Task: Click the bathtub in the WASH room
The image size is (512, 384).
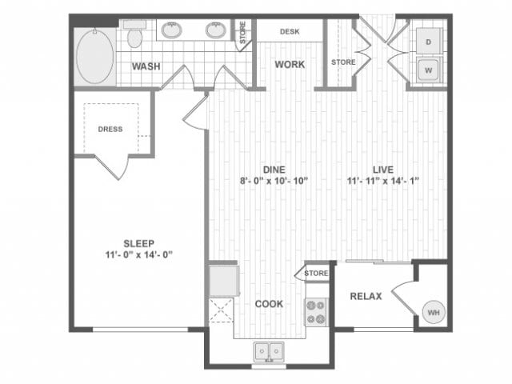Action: coord(95,56)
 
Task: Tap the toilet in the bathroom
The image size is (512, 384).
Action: coord(134,36)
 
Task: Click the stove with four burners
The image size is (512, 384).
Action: coord(316,311)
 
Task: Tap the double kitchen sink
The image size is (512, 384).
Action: coord(269,350)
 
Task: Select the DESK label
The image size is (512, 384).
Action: coord(290,33)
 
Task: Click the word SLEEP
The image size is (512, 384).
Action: coord(138,243)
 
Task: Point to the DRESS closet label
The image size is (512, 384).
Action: coord(110,129)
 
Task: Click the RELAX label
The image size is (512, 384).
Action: coord(366,297)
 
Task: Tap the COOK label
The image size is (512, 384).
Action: coord(268,304)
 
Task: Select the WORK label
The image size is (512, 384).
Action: coord(290,64)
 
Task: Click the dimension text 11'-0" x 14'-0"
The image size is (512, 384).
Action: coord(138,255)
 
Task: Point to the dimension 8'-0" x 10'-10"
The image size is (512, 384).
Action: coord(274,181)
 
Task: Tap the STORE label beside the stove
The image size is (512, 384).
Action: coord(317,274)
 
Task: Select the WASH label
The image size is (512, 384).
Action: coord(147,66)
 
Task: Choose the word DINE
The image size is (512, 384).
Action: coord(274,169)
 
